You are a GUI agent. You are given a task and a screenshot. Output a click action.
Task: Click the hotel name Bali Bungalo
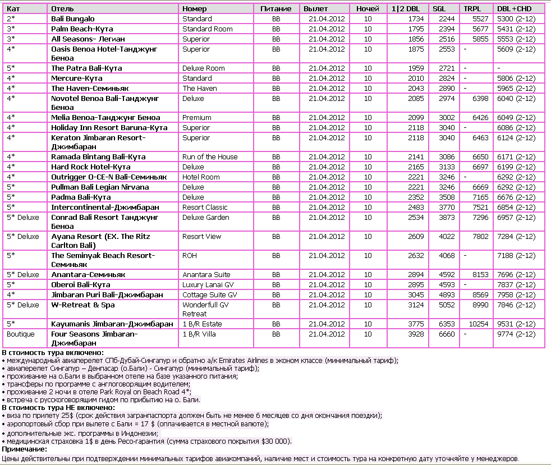coord(73,19)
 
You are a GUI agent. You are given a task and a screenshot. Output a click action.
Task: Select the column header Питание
coord(275,9)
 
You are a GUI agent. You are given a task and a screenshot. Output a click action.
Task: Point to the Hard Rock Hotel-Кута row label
coord(90,167)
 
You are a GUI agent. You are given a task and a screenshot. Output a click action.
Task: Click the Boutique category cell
coord(20,334)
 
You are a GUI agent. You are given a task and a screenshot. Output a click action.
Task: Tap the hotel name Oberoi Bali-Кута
coord(80,285)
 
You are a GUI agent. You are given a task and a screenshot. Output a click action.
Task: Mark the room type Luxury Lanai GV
coord(208,285)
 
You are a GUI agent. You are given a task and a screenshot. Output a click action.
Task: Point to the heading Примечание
coord(24,449)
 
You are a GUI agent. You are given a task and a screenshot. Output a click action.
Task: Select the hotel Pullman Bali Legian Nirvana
coord(100,187)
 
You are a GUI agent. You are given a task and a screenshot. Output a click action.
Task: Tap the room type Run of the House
coord(210,157)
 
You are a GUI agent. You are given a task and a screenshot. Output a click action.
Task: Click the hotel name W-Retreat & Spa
coord(82,305)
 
